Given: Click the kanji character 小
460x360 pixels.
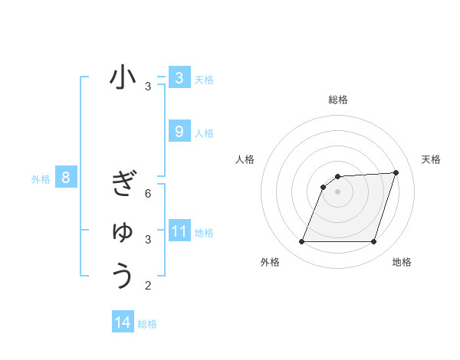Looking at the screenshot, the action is [123, 79].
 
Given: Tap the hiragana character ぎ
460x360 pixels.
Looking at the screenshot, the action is [123, 185].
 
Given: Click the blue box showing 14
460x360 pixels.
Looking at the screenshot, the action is [123, 322].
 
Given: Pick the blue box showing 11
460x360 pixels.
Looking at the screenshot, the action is [179, 231].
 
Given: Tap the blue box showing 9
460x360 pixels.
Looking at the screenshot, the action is [179, 132].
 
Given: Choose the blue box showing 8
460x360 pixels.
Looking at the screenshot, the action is [66, 178].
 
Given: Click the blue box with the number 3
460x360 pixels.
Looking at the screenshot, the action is [179, 77].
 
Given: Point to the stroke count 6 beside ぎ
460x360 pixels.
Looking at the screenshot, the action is [148, 194].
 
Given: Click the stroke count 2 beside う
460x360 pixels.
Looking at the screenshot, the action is [148, 286].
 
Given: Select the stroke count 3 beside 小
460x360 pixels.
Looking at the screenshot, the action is [148, 87].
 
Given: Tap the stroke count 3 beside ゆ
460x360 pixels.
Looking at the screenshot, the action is [148, 240].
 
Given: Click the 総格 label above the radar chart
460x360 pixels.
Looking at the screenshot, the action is [338, 100].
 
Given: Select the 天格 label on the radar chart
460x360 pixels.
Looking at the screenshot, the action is [431, 159].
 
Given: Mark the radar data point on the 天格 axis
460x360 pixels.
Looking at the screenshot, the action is [396, 172].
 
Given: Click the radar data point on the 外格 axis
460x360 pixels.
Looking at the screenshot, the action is [301, 242].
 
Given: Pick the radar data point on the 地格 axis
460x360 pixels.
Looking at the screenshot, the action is [373, 242].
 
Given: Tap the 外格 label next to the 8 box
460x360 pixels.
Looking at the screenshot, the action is [41, 180].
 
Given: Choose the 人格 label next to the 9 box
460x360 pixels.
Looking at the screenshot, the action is [205, 133].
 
